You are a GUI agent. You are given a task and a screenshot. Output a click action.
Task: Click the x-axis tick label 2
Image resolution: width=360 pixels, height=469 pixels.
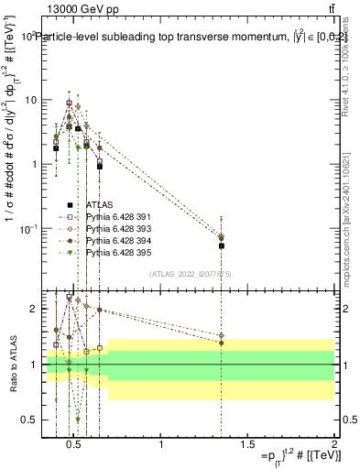pos(333,446)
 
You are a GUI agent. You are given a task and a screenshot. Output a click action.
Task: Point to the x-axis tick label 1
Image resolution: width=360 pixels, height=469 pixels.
pos(162,446)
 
